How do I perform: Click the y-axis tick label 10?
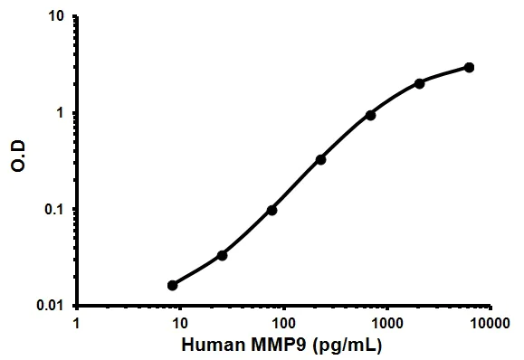pos(57,17)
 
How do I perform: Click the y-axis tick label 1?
pos(61,113)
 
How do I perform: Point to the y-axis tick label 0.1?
pos(54,210)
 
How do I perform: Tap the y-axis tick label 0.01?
pos(51,306)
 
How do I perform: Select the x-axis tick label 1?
pos(77,322)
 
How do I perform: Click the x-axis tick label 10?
pos(180,322)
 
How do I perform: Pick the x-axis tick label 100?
pos(284,322)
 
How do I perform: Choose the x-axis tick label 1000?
pos(387,322)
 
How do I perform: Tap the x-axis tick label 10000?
pos(490,322)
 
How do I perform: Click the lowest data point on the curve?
pos(173,285)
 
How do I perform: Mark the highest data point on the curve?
pos(469,67)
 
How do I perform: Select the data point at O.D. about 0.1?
pos(272,210)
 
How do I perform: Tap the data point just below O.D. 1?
pos(370,115)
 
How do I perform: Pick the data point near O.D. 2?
pos(419,83)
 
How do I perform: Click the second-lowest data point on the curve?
pos(222,255)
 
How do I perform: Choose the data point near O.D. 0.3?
pos(320,159)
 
